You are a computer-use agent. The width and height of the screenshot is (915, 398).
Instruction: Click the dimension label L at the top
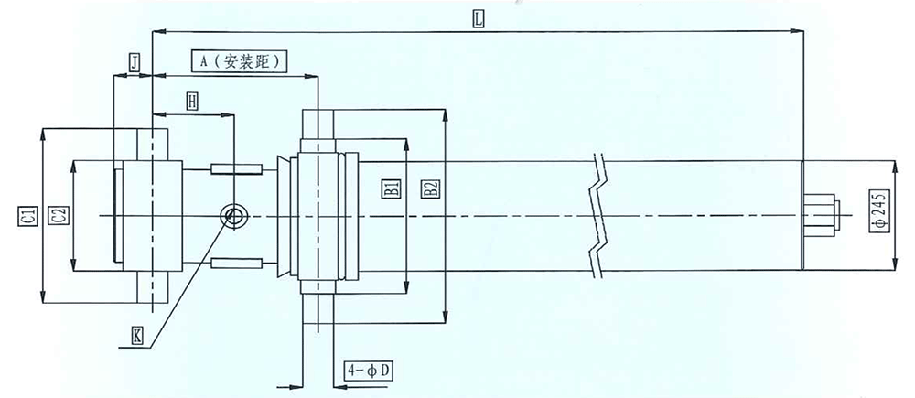[x=479, y=18]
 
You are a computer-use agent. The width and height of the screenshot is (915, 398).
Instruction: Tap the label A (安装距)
[x=239, y=61]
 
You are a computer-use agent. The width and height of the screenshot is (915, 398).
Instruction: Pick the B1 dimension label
[x=392, y=188]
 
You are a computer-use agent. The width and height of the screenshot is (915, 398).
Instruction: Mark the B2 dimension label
[x=431, y=188]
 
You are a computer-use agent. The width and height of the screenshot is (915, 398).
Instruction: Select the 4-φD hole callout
[x=367, y=371]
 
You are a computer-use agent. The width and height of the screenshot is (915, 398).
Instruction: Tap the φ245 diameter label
[x=880, y=211]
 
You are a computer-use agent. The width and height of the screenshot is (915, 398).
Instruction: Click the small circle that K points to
[x=234, y=217]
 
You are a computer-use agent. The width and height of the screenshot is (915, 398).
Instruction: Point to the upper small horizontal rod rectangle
[x=236, y=169]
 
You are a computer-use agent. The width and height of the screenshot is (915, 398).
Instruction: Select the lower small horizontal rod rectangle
[x=236, y=264]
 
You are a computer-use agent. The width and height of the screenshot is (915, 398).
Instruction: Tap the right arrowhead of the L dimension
[x=798, y=30]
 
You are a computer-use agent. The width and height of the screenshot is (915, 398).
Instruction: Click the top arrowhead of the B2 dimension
[x=446, y=114]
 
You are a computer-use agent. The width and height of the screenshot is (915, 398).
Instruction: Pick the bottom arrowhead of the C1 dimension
[x=43, y=296]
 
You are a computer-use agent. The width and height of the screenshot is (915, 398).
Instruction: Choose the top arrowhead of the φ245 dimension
[x=897, y=167]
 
